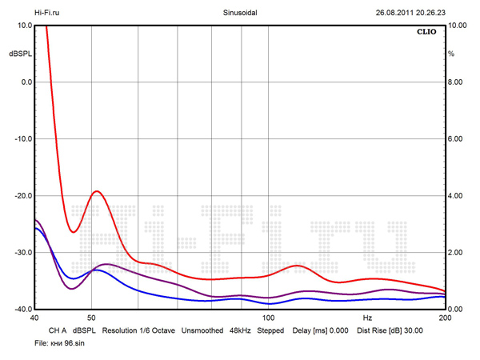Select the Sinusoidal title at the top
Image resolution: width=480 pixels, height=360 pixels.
240,13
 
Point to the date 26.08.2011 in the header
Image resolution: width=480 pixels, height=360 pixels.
394,13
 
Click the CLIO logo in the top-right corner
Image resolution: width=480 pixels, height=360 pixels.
426,33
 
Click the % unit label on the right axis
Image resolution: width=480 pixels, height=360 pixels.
451,54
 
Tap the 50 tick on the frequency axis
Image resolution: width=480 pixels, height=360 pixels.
91,318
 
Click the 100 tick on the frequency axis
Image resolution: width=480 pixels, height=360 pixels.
269,318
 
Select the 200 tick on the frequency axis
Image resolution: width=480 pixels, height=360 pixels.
445,318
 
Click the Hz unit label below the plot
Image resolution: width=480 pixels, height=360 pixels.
368,318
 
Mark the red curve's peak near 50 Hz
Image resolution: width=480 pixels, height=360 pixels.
97,191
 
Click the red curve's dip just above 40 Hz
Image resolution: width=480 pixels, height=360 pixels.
73,232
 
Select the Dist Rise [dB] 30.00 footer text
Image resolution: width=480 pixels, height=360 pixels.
390,330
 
